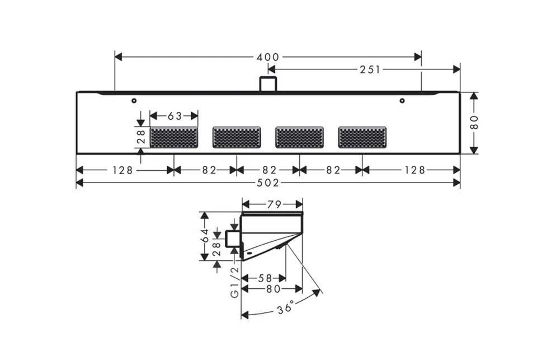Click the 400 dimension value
[x=268, y=57]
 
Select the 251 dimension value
[x=370, y=69]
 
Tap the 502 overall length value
[x=268, y=183]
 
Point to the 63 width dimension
[x=175, y=116]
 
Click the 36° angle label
[x=285, y=307]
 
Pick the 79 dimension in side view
[x=274, y=205]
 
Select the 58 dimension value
[x=265, y=278]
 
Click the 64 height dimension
[x=205, y=236]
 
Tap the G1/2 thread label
[x=234, y=282]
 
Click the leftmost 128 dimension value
[x=123, y=170]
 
